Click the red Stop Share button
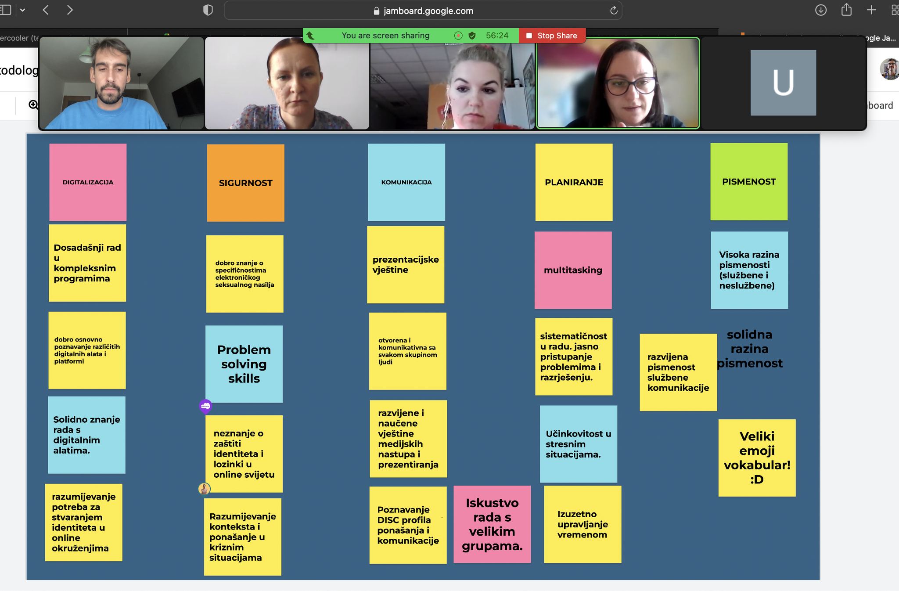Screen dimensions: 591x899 pos(552,36)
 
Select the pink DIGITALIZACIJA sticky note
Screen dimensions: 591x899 pos(88,182)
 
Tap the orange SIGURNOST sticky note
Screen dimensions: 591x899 pos(245,183)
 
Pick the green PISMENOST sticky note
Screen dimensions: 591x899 pos(749,182)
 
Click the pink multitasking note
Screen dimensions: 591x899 pos(573,270)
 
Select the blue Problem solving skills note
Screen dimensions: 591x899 pos(244,364)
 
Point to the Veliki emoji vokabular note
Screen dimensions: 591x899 pos(757,458)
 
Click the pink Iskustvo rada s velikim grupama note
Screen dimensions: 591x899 pos(492,524)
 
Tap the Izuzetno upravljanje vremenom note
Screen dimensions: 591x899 pos(583,524)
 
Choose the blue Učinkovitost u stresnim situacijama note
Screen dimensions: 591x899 pos(578,444)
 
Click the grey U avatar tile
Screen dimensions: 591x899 pos(783,83)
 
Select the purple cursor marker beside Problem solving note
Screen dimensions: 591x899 pos(205,406)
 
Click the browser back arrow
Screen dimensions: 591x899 pos(46,10)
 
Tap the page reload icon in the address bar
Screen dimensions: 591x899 pos(614,11)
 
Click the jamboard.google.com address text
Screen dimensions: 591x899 pos(428,11)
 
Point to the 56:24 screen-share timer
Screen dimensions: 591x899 pos(497,36)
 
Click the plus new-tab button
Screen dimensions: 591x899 pos(871,10)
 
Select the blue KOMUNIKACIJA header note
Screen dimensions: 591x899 pos(406,182)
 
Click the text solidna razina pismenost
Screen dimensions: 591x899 pos(749,349)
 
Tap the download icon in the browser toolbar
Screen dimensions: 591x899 pos(820,10)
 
